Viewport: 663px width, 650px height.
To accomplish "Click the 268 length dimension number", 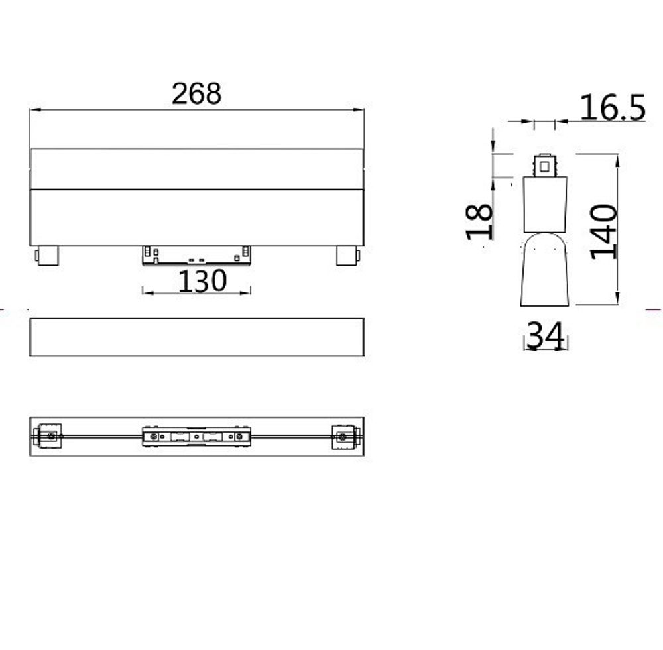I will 196,93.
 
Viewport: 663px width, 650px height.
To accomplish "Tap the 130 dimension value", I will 202,281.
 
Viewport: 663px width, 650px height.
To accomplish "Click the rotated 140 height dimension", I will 603,232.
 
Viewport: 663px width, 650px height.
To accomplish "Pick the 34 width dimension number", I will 546,336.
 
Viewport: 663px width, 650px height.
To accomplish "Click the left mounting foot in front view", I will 46,256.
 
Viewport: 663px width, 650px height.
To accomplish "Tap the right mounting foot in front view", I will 347,256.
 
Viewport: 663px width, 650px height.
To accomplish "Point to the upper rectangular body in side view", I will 545,203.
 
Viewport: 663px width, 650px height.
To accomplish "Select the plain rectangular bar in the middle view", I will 197,337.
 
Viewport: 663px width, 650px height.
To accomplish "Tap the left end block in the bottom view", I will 48,436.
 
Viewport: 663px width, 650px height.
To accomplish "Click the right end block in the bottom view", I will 345,436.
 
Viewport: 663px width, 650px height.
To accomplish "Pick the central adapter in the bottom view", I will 197,437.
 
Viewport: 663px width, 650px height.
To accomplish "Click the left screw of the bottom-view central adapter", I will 154,437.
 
